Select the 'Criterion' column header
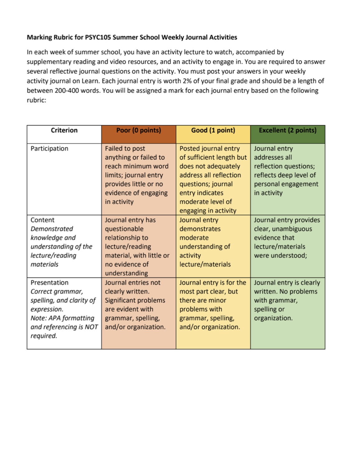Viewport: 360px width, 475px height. coord(64,130)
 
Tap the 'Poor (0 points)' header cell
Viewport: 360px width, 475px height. coord(138,130)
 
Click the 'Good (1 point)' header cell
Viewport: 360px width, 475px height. coord(213,130)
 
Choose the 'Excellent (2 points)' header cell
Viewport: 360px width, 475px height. coord(288,130)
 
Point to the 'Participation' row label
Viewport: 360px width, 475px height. coord(49,149)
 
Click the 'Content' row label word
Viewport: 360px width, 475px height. coord(42,220)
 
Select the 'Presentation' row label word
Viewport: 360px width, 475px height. coord(49,283)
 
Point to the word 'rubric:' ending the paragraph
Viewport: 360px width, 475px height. coord(36,100)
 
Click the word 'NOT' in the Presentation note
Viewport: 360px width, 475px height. coord(91,327)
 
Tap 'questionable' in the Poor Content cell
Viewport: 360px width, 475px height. coord(124,229)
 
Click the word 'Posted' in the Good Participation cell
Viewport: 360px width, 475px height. coord(189,149)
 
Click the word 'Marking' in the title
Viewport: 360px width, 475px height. coord(39,37)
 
